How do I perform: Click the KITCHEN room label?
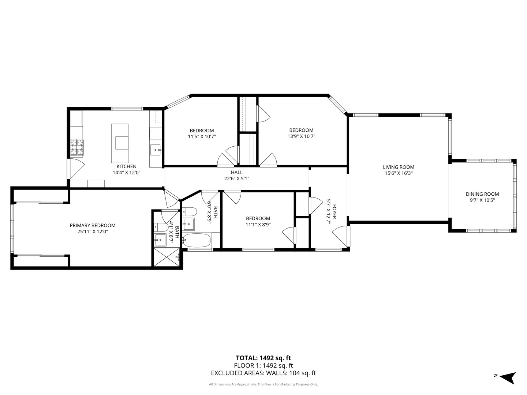click(126, 166)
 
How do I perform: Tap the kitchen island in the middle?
click(120, 143)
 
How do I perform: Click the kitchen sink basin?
click(156, 150)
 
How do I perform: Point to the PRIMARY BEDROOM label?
click(93, 225)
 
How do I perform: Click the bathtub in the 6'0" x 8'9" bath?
click(197, 241)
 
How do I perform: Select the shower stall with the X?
click(167, 257)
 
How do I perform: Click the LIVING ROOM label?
click(399, 167)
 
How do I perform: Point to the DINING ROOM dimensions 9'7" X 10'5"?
click(482, 200)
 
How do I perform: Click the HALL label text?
click(236, 172)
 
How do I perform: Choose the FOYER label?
click(334, 211)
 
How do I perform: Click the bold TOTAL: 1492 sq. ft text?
click(263, 358)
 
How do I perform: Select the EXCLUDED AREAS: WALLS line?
click(263, 373)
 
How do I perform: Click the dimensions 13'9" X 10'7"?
click(301, 136)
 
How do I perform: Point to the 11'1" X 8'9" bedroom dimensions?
click(258, 225)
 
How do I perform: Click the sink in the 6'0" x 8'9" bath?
click(189, 224)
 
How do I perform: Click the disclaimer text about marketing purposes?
click(263, 384)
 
